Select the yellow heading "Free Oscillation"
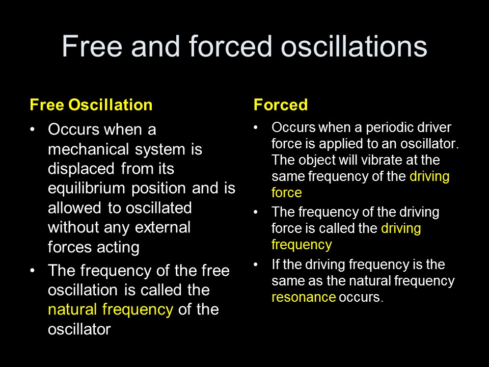click(91, 105)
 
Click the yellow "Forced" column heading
click(281, 105)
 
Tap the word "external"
click(165, 227)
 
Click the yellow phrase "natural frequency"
click(111, 309)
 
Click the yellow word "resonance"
click(304, 298)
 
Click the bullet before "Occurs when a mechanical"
click(33, 129)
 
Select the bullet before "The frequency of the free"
click(33, 271)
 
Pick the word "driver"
click(438, 127)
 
